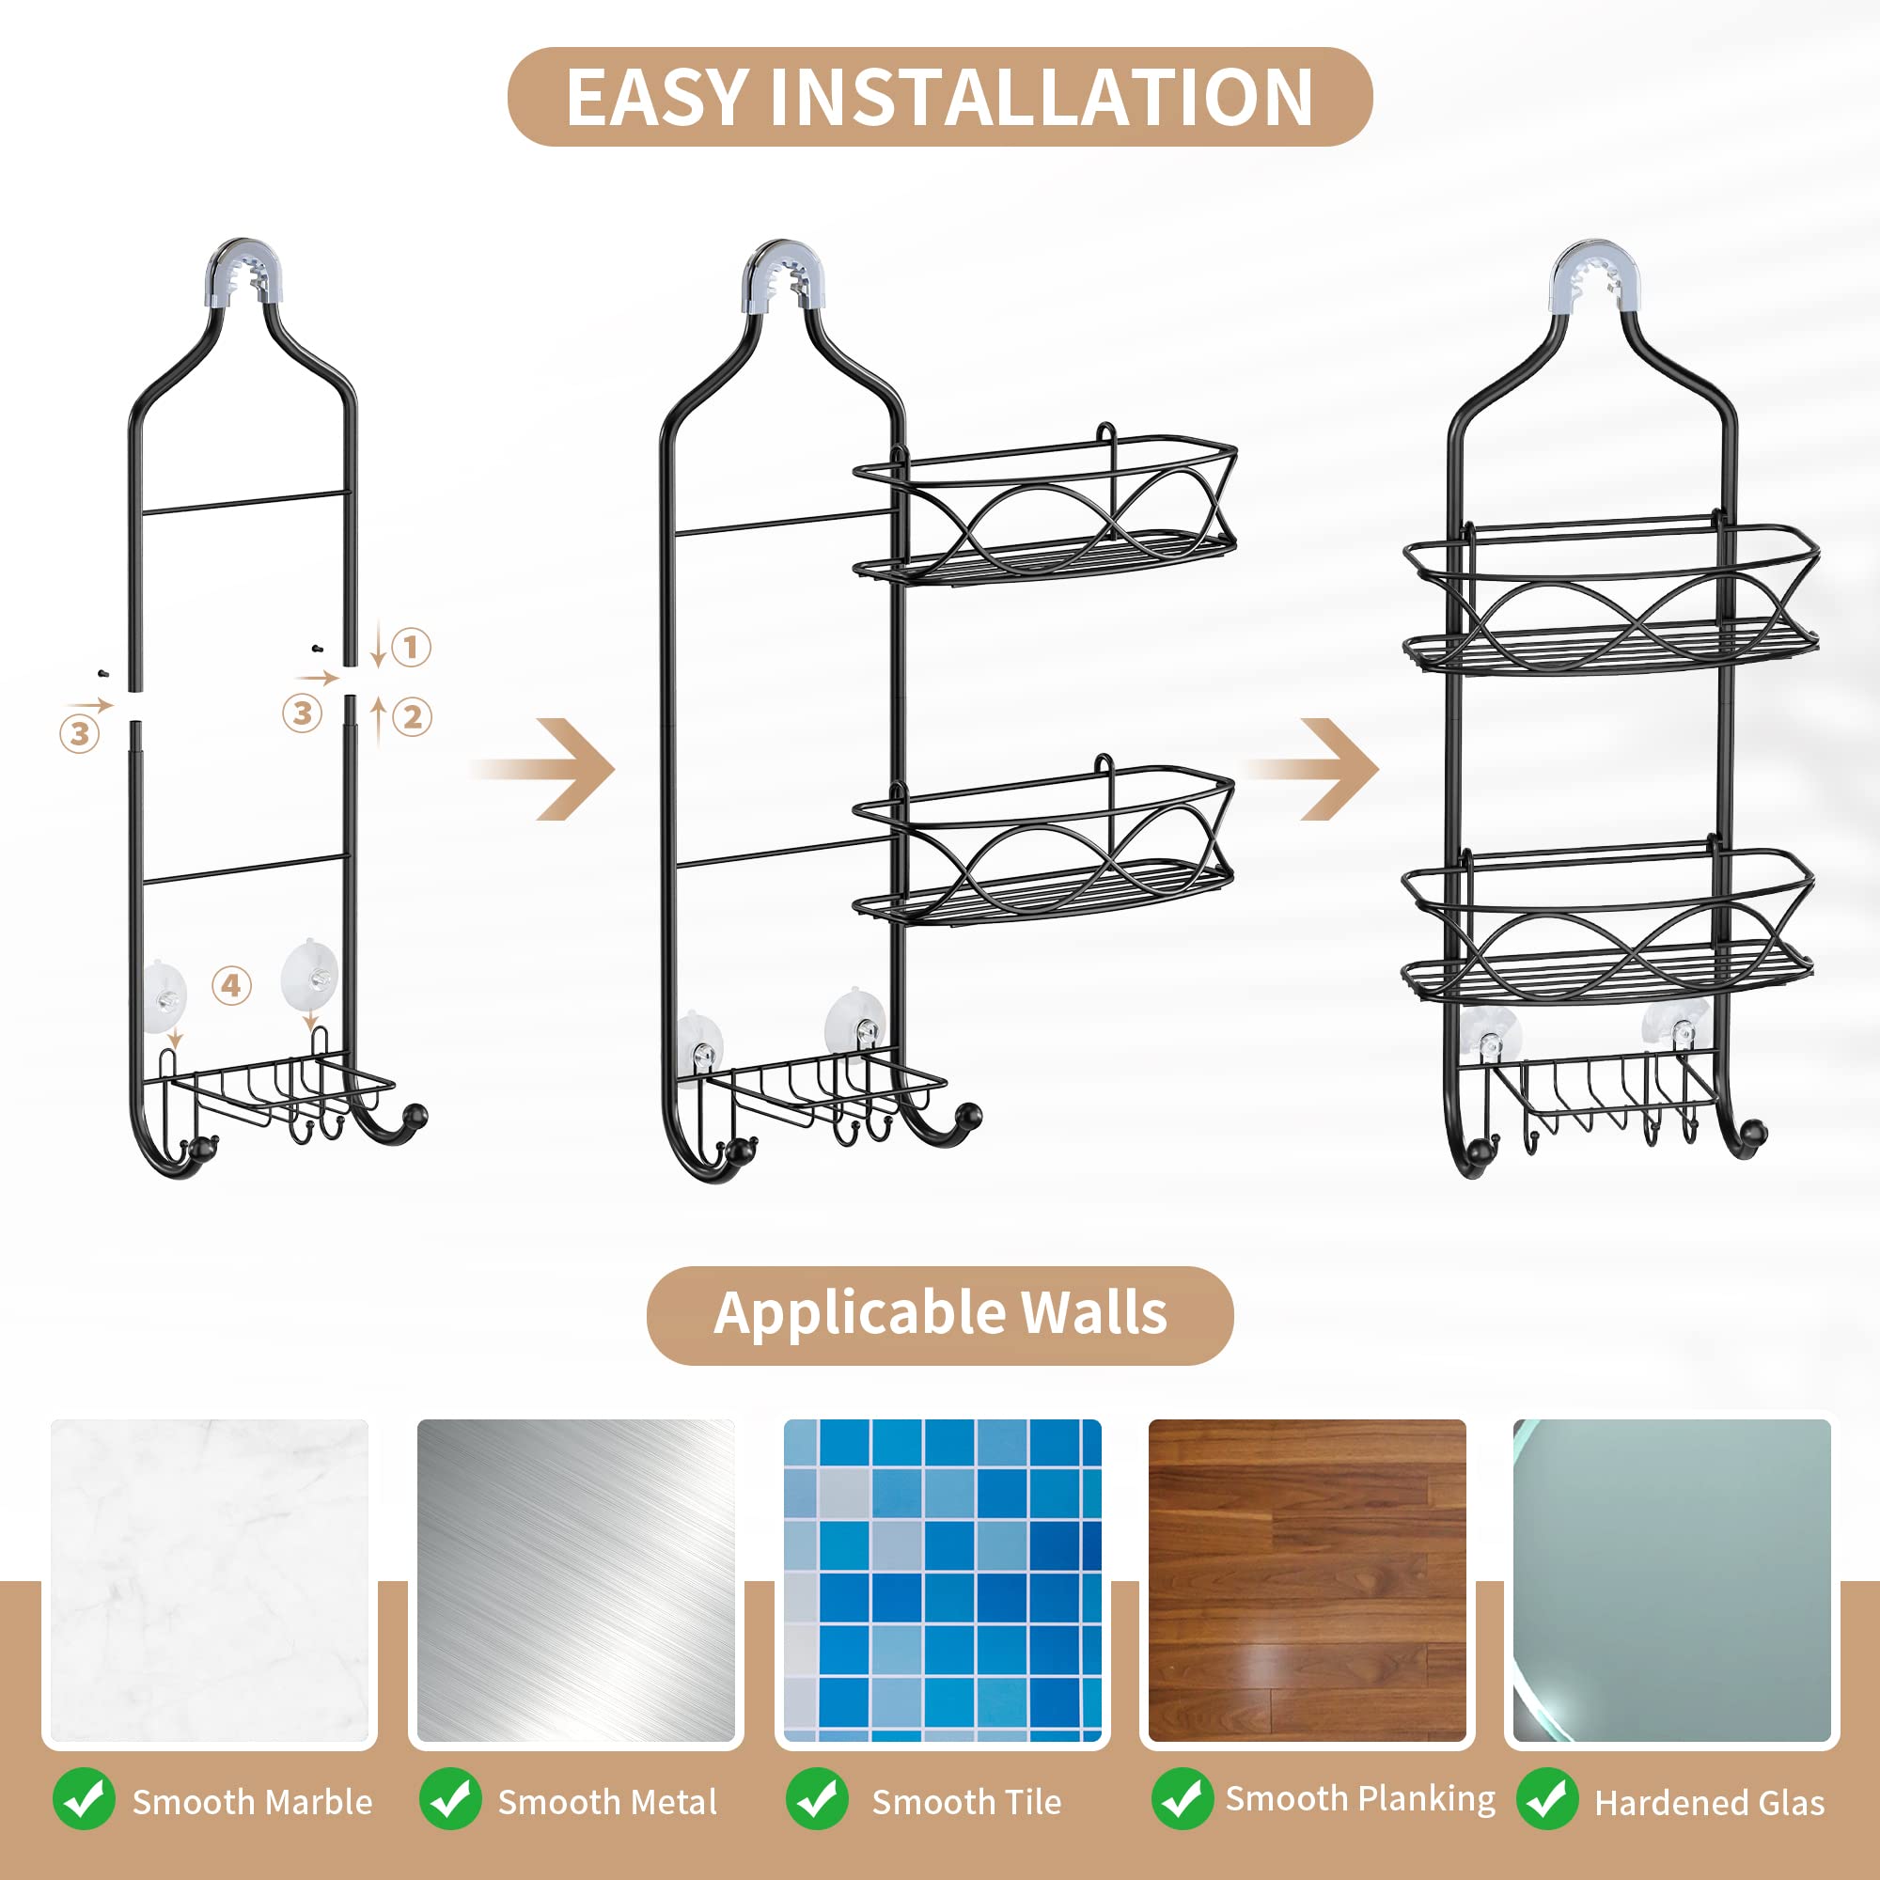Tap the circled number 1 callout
pyautogui.click(x=411, y=647)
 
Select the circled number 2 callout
pyautogui.click(x=413, y=717)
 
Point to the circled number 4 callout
pyautogui.click(x=231, y=986)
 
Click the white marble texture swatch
pyautogui.click(x=210, y=1581)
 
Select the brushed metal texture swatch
pyautogui.click(x=575, y=1581)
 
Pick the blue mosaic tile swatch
pyautogui.click(x=942, y=1581)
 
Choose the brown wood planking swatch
pyautogui.click(x=1307, y=1581)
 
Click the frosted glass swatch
pyautogui.click(x=1671, y=1581)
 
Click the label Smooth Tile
pyautogui.click(x=966, y=1801)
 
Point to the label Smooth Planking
pyautogui.click(x=1359, y=1798)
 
